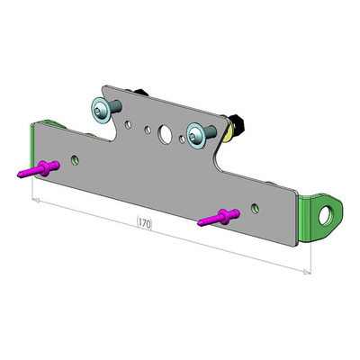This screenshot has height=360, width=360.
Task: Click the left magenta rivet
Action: tap(39, 169)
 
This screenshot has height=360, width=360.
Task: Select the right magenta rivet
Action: tap(219, 218)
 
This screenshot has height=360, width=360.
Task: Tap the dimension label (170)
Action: tap(145, 223)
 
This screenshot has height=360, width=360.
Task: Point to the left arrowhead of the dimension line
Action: tap(35, 200)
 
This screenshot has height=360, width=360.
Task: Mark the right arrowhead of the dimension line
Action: tap(307, 272)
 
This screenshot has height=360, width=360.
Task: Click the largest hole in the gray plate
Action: tap(165, 133)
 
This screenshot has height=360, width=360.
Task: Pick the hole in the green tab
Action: tap(325, 215)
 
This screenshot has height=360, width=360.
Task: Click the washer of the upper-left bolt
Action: tap(100, 110)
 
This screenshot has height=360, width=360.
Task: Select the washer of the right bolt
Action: tap(195, 136)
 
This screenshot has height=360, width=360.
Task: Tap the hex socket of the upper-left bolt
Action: tap(98, 111)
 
